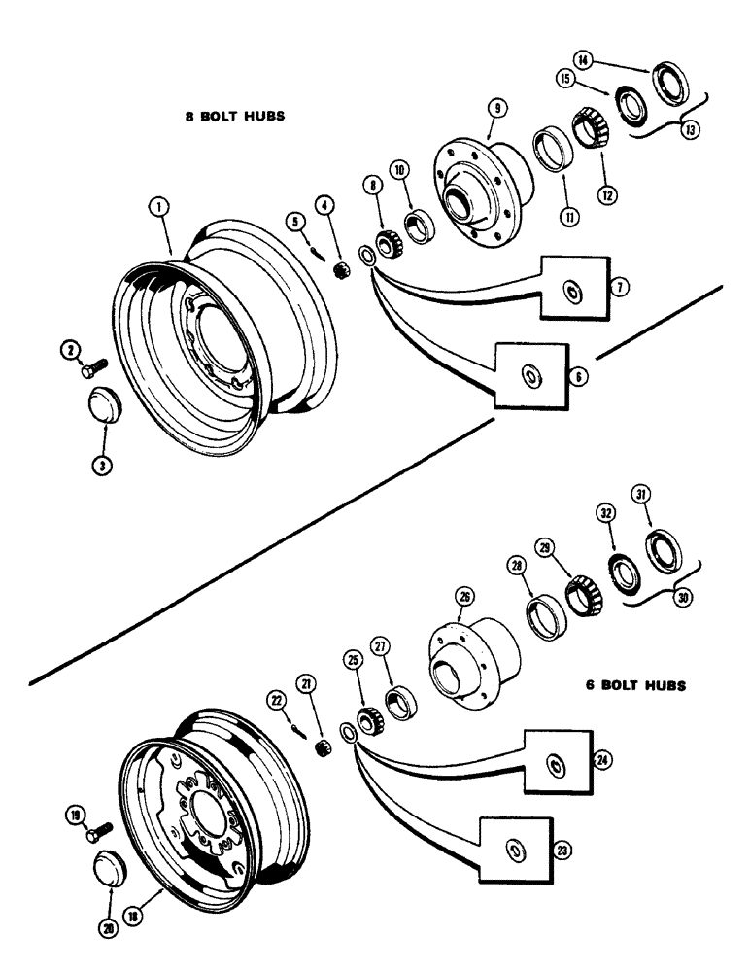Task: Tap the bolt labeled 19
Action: pos(97,832)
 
